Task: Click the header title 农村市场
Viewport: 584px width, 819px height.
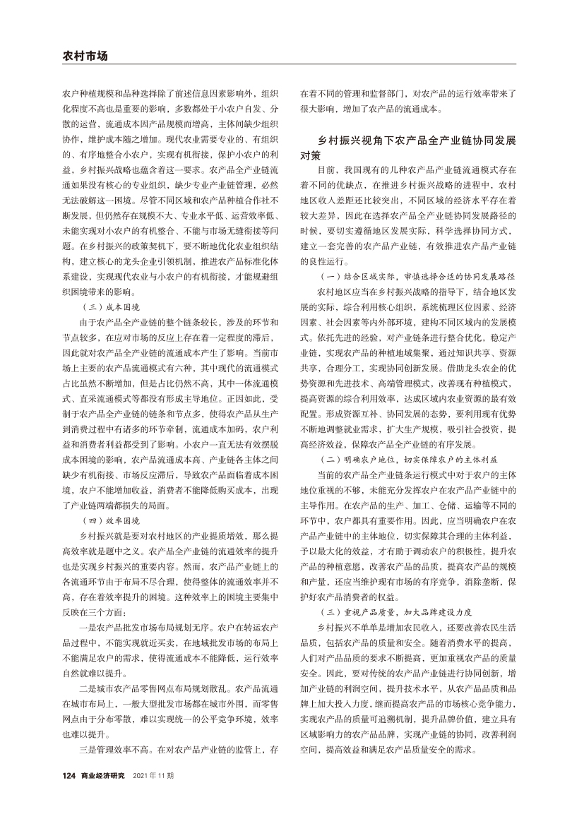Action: pyautogui.click(x=85, y=56)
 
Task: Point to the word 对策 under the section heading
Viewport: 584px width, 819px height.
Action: pyautogui.click(x=311, y=155)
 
